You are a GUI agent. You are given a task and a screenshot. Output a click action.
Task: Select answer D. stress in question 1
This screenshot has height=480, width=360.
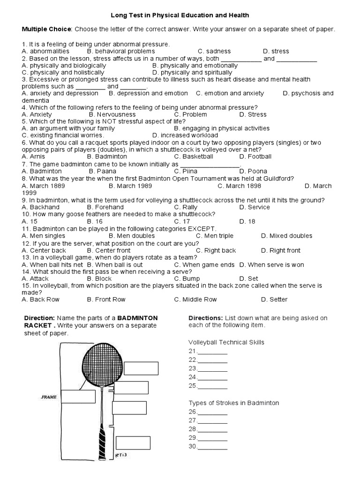(x=276, y=51)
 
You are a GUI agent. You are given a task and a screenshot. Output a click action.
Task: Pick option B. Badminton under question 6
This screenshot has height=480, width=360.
(x=107, y=157)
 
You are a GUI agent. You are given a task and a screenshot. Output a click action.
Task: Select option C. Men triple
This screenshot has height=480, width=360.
(x=214, y=236)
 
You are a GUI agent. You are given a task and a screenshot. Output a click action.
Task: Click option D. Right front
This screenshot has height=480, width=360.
(x=281, y=250)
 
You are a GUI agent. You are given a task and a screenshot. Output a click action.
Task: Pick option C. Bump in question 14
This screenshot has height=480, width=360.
(x=187, y=278)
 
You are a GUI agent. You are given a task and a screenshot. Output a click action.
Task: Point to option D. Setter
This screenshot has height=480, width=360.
(x=274, y=300)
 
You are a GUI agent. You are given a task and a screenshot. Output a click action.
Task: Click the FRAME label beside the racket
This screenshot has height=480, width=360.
(x=49, y=397)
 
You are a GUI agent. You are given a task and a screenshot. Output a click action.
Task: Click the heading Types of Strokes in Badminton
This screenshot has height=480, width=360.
(x=233, y=403)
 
